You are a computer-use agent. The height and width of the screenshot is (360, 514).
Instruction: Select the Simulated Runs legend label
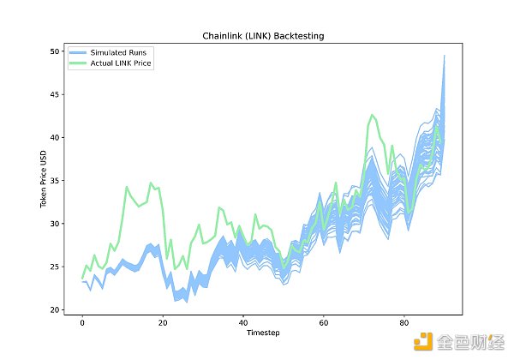pyautogui.click(x=121, y=53)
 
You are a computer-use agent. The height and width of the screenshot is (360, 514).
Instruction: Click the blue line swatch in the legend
pyautogui.click(x=80, y=53)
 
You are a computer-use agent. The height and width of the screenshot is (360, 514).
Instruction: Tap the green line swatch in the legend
pyautogui.click(x=80, y=63)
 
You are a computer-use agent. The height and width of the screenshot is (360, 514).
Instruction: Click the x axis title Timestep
pyautogui.click(x=263, y=333)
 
